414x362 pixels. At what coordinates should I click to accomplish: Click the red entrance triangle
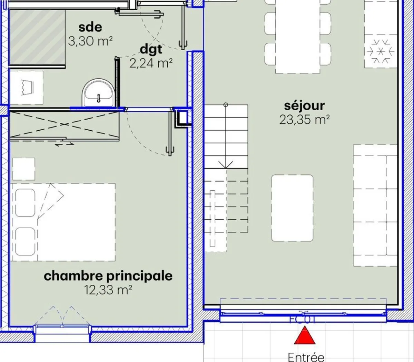tap(305, 337)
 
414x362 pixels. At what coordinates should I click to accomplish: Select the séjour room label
tap(304, 106)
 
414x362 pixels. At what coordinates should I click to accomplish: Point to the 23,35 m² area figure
tap(304, 120)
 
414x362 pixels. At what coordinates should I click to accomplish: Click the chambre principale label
tap(108, 276)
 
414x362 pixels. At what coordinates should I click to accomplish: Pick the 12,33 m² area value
tap(108, 290)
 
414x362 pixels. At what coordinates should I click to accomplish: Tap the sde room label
tap(90, 27)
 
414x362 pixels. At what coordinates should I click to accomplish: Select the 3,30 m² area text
tap(90, 41)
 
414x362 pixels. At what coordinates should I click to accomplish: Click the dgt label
tap(151, 49)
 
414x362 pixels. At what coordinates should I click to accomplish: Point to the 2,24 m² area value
tap(151, 63)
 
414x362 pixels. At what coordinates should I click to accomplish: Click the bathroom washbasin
tap(98, 92)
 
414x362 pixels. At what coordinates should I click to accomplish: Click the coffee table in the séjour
tap(292, 208)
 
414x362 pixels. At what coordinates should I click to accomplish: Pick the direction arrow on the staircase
tap(226, 164)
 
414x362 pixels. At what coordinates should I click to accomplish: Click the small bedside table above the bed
tap(24, 169)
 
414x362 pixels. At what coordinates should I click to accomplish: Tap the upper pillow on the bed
tap(25, 203)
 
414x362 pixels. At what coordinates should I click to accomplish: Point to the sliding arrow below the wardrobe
tap(65, 144)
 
